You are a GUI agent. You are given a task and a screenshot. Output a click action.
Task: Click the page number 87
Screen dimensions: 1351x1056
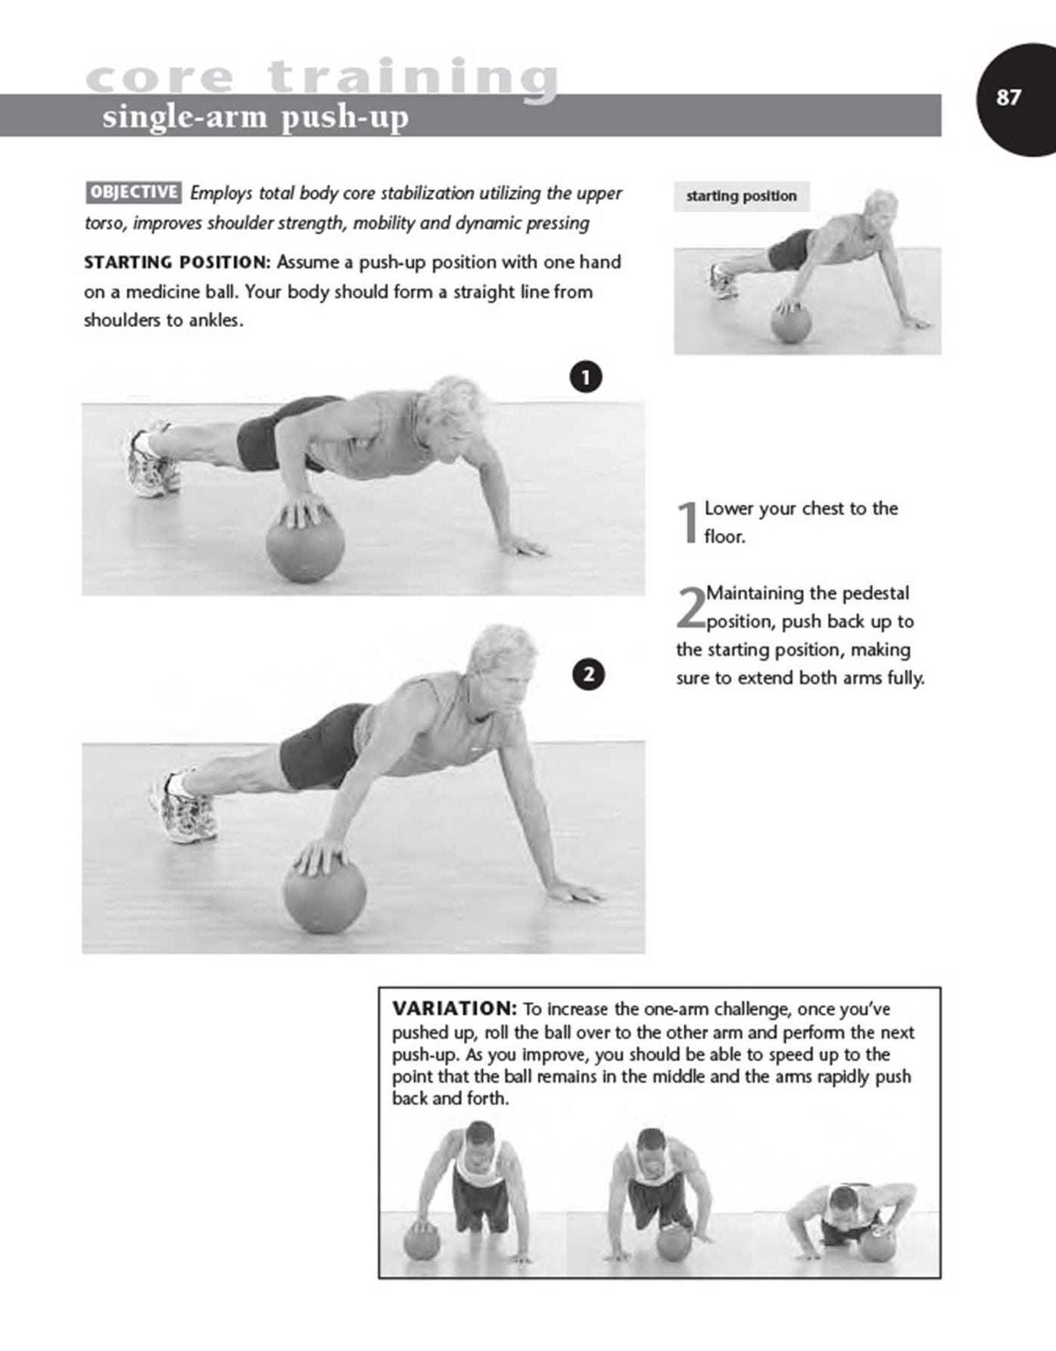(x=1008, y=98)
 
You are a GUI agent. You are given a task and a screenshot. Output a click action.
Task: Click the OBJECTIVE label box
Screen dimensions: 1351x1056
(x=133, y=192)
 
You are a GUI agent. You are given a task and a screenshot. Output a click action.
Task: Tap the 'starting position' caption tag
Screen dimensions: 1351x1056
(x=741, y=196)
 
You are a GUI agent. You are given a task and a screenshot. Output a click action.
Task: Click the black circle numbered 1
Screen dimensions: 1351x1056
(x=586, y=376)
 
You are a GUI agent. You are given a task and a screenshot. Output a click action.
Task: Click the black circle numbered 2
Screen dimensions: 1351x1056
(x=589, y=674)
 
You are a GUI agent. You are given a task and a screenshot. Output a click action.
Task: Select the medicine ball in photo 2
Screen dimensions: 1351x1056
(x=325, y=897)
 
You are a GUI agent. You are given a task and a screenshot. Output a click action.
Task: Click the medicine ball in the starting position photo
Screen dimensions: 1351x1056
(x=791, y=324)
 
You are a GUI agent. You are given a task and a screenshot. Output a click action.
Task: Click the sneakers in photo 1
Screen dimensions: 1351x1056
(x=152, y=464)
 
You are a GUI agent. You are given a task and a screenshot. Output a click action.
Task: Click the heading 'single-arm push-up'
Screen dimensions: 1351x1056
(x=255, y=117)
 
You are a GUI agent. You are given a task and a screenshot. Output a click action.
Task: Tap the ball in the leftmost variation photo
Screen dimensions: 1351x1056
(x=422, y=1243)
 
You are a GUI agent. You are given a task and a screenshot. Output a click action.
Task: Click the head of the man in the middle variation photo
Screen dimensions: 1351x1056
(x=650, y=1146)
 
